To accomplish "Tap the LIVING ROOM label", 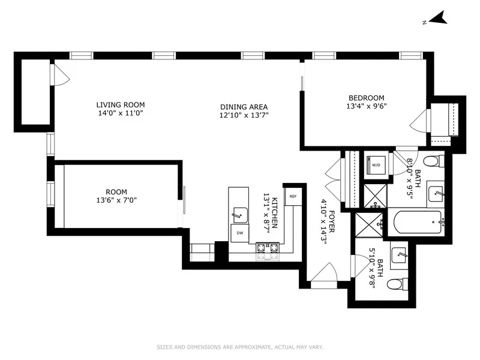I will point(121,105).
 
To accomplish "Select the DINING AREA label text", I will point(243,107).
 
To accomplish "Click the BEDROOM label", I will point(366,98).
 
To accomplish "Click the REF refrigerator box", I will point(293,196).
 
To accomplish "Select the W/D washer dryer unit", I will point(376,164).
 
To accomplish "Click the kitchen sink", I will point(241,213).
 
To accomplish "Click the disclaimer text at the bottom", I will point(240,346).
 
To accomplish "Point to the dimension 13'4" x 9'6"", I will point(366,107).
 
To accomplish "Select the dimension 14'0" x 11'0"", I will point(121,113).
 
